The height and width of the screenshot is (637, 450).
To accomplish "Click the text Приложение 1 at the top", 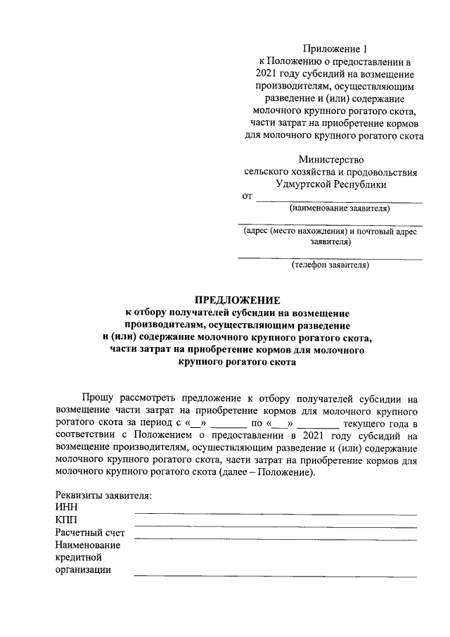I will (x=335, y=49).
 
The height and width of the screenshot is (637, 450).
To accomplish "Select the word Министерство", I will (x=331, y=159).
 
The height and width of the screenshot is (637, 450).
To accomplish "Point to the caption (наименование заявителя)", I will (x=339, y=208).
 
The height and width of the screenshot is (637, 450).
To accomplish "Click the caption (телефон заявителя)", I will (x=330, y=265).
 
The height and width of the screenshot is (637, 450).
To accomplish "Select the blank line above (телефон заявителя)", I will (x=330, y=258).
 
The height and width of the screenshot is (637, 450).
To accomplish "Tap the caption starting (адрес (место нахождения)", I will (x=330, y=232).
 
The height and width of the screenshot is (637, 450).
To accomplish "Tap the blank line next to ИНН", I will (x=275, y=513).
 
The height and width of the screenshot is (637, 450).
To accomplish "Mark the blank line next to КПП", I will (x=275, y=526).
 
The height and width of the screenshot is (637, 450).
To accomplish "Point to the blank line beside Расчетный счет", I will (x=275, y=538).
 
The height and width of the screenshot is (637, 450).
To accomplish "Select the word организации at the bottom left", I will (x=83, y=570).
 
